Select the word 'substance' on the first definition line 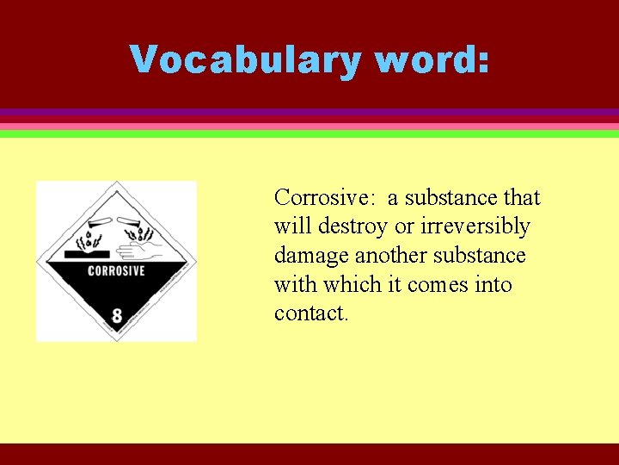pos(451,197)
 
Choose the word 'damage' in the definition pos(311,256)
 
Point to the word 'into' pos(493,284)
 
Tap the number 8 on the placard pos(117,315)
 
